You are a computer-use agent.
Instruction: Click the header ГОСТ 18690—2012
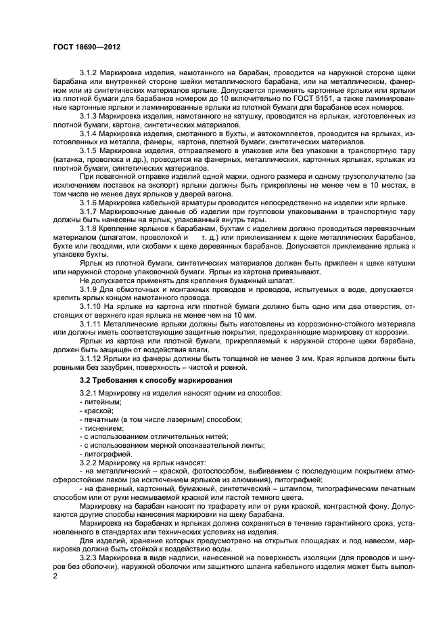pos(87,47)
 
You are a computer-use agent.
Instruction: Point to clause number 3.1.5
pos(90,150)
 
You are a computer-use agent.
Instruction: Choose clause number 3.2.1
pos(90,394)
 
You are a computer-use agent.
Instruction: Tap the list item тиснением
pos(103,428)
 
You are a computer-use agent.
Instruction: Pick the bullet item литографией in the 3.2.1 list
pos(105,454)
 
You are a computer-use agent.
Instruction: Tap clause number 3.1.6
pos(90,203)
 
